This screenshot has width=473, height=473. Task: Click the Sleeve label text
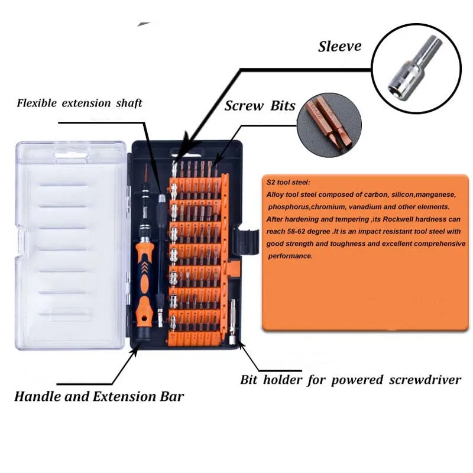pyautogui.click(x=339, y=47)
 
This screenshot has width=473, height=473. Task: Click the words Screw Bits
pyautogui.click(x=260, y=106)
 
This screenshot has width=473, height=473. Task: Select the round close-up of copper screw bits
pyautogui.click(x=329, y=125)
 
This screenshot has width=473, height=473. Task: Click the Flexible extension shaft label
pyautogui.click(x=79, y=103)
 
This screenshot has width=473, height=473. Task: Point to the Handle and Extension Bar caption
pyautogui.click(x=99, y=396)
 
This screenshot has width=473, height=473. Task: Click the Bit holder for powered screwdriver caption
pyautogui.click(x=351, y=380)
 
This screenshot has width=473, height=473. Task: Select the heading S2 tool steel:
pyautogui.click(x=288, y=182)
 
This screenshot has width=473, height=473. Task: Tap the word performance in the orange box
pyautogui.click(x=290, y=257)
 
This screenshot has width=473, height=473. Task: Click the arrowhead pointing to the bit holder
pyautogui.click(x=241, y=344)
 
